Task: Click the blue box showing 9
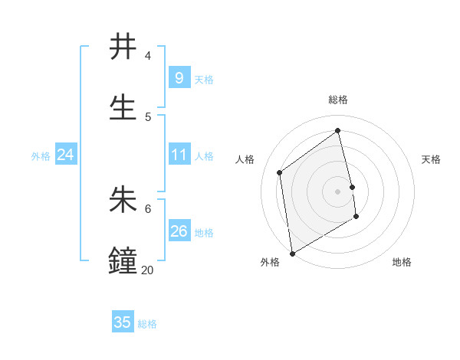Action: point(179,77)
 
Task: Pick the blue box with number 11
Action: point(179,155)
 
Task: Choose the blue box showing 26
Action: point(179,231)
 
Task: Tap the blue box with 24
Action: point(66,155)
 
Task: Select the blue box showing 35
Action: point(123,322)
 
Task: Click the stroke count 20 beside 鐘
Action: point(147,270)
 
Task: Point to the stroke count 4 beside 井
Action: point(148,56)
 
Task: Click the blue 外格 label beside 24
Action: point(41,155)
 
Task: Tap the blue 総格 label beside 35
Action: point(147,324)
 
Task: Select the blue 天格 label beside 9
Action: point(204,79)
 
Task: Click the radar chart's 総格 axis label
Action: point(338,100)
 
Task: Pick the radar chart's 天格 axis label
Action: point(432,159)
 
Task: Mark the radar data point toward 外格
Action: point(292,253)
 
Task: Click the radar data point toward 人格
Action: point(280,172)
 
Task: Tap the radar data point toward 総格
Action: point(338,130)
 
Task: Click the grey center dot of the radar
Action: point(338,191)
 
